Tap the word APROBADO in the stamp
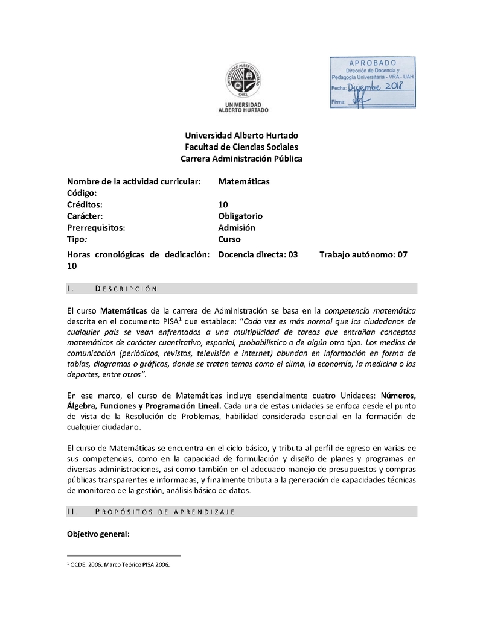click(x=373, y=63)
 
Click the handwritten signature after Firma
click(x=361, y=101)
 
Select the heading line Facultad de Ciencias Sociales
click(x=241, y=147)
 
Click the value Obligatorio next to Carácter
click(x=240, y=216)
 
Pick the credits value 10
click(x=223, y=204)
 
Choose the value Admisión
click(x=237, y=227)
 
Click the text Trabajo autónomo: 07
click(x=363, y=254)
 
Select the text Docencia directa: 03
click(x=258, y=254)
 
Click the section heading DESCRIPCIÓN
click(x=126, y=288)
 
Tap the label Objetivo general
click(x=98, y=534)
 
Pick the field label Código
click(x=82, y=193)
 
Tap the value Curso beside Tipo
click(x=229, y=239)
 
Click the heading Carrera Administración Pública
click(x=241, y=158)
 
